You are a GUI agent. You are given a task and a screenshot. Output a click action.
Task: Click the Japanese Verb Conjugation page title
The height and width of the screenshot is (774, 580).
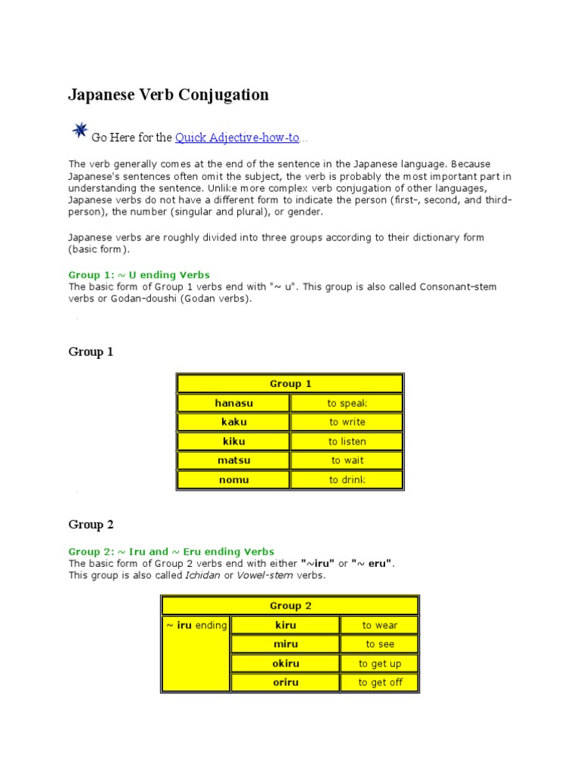point(168,94)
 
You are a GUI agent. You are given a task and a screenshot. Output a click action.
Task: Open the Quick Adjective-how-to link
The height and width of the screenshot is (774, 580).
point(237,138)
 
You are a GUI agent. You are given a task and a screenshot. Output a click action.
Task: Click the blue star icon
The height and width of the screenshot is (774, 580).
point(79,132)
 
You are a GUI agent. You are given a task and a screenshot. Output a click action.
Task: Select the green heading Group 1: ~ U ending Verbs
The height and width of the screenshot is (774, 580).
point(139,275)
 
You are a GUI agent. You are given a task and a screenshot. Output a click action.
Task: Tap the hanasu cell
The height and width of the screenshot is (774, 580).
point(233,403)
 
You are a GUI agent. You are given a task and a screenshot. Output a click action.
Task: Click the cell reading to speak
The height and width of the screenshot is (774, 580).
point(347,403)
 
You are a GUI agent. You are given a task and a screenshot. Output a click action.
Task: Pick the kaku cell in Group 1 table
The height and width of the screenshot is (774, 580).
point(233,422)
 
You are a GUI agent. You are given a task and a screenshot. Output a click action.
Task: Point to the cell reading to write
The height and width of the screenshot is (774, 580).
point(347,422)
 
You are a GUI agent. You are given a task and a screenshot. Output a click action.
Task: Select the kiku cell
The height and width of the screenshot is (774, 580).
point(233,441)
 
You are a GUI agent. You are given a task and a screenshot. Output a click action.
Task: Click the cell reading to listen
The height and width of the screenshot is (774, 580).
point(347,441)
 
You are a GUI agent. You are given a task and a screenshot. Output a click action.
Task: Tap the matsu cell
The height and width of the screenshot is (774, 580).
point(233,460)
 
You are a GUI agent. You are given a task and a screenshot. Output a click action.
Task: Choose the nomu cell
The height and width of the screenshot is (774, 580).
point(233,479)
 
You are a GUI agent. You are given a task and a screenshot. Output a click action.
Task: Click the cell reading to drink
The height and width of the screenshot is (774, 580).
point(347,479)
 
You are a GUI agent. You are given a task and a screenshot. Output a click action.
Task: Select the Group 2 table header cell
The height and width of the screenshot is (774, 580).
point(290,605)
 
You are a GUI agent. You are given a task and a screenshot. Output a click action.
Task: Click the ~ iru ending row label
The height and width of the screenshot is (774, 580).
point(196,625)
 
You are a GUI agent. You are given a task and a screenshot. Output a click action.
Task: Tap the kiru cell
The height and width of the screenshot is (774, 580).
point(285,625)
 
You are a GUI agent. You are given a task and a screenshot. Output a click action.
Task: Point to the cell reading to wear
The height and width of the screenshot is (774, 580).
point(379,625)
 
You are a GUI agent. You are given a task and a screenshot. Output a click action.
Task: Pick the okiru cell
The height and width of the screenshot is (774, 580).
point(285,664)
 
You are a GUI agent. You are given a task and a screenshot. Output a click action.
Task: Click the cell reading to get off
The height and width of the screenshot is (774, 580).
point(380,683)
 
